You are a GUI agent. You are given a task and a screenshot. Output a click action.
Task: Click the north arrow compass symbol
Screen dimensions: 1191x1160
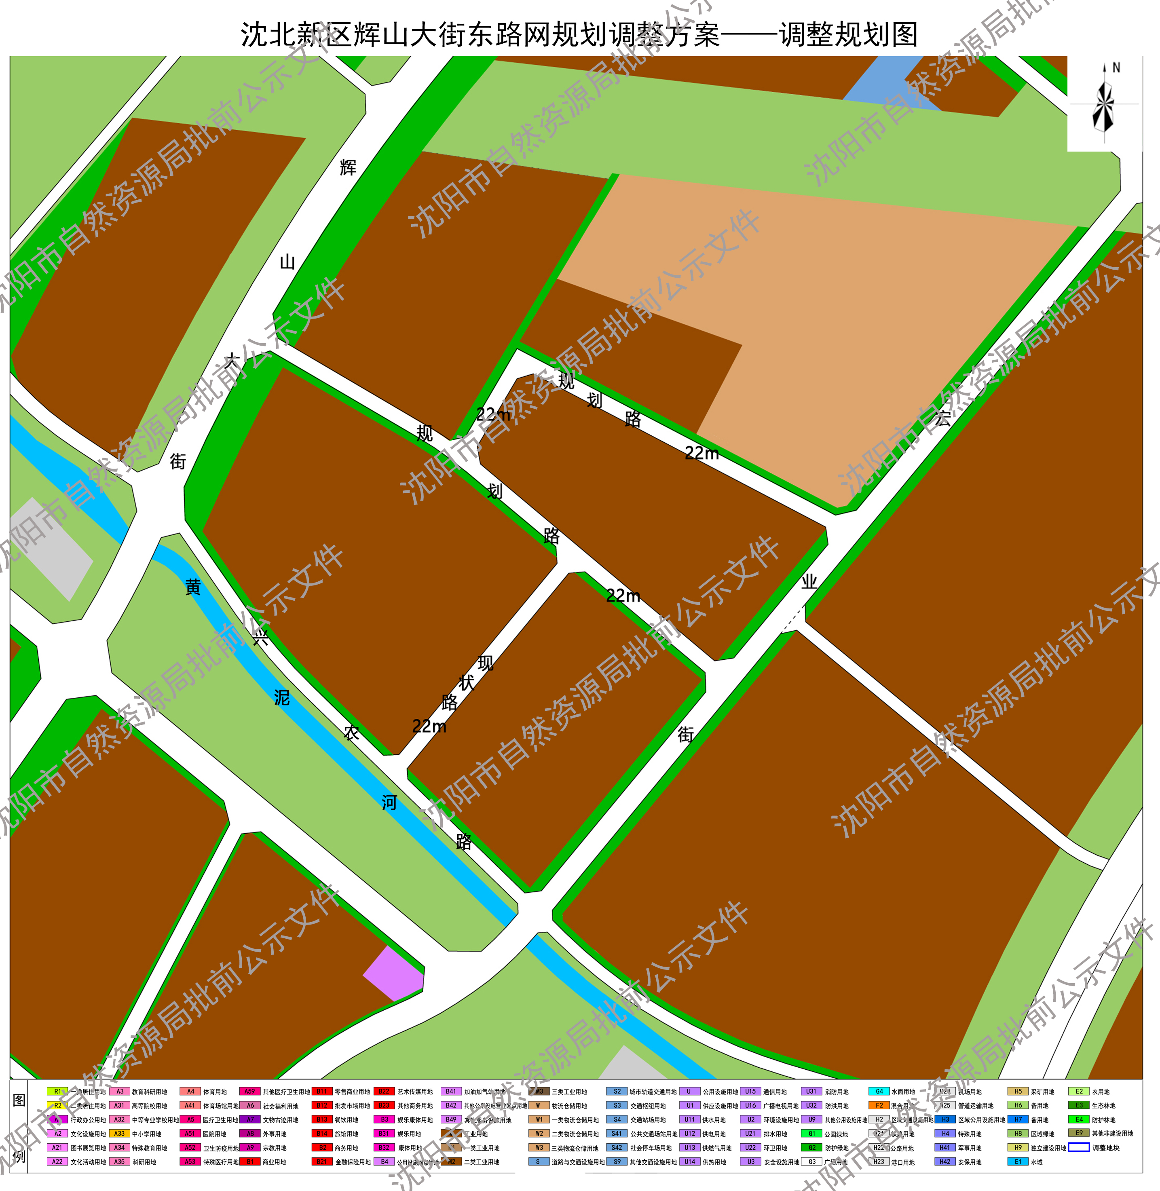[x=1103, y=103]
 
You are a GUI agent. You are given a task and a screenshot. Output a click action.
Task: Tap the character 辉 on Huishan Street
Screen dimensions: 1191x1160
[x=348, y=167]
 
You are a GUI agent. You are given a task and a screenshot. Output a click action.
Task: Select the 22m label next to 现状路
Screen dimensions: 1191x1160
[x=429, y=726]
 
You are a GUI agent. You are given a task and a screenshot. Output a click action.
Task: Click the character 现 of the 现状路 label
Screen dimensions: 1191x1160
[x=486, y=663]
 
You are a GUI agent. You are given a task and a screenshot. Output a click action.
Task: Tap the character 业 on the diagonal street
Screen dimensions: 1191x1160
[x=809, y=582]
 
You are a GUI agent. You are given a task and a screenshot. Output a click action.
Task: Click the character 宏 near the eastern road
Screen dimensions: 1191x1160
[x=942, y=418]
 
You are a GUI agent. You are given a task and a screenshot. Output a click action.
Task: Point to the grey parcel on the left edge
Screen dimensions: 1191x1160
[x=49, y=548]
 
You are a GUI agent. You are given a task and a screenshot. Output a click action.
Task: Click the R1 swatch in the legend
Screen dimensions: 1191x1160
[x=57, y=1092]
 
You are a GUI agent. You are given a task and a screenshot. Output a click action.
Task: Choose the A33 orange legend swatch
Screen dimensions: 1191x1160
[x=119, y=1134]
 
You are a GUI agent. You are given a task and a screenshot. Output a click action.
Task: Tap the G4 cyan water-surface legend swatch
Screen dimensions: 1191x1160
[x=879, y=1092]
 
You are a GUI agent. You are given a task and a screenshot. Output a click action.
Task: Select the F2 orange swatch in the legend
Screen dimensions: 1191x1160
[x=879, y=1106]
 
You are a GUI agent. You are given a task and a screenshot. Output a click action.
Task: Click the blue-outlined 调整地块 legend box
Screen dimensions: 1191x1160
[x=1078, y=1148]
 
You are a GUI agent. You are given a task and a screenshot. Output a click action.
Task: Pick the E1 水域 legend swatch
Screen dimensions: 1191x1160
[x=1017, y=1162]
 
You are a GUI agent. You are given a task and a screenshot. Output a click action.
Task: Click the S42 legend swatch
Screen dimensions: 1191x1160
[x=617, y=1148]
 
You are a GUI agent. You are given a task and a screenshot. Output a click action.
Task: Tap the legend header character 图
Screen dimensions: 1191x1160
[x=19, y=1100]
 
